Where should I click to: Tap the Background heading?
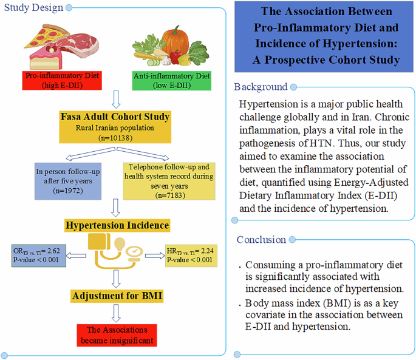261,87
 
